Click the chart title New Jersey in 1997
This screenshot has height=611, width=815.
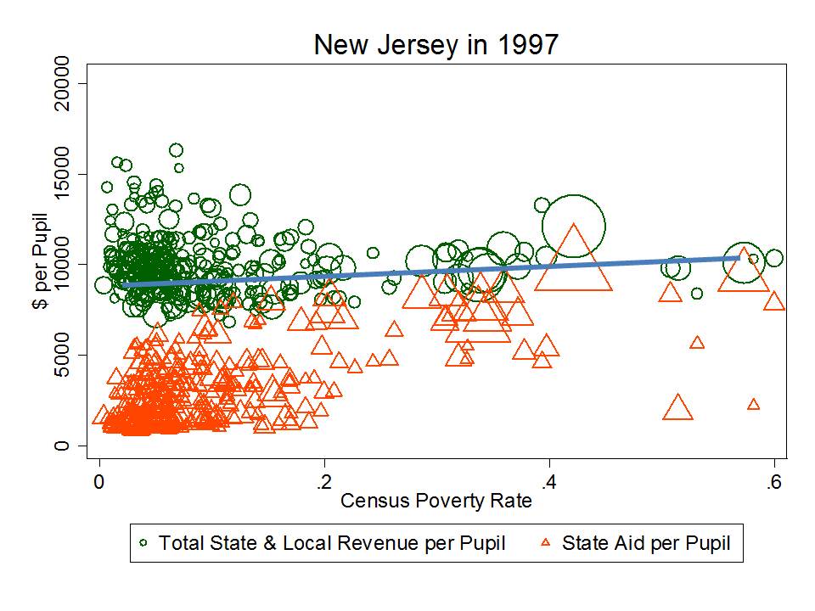point(436,44)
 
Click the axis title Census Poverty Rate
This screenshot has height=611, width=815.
point(436,501)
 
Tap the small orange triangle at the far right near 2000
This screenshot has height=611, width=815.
point(753,405)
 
